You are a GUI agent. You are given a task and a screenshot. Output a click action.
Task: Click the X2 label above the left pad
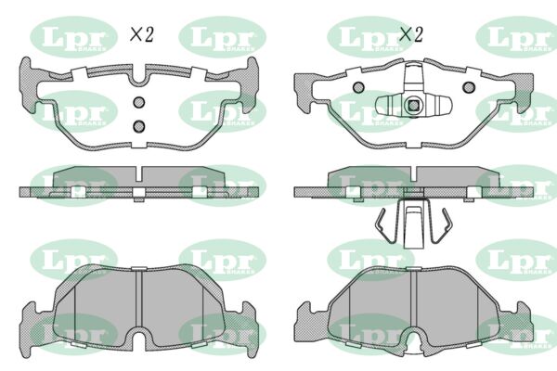pyautogui.click(x=140, y=34)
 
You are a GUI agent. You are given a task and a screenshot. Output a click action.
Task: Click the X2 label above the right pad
pyautogui.click(x=410, y=34)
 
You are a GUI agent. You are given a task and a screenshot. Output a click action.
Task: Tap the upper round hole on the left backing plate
pyautogui.click(x=138, y=103)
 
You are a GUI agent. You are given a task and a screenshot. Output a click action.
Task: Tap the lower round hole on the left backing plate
pyautogui.click(x=138, y=125)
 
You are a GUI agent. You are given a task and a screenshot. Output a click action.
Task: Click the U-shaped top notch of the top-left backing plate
pyautogui.click(x=138, y=74)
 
